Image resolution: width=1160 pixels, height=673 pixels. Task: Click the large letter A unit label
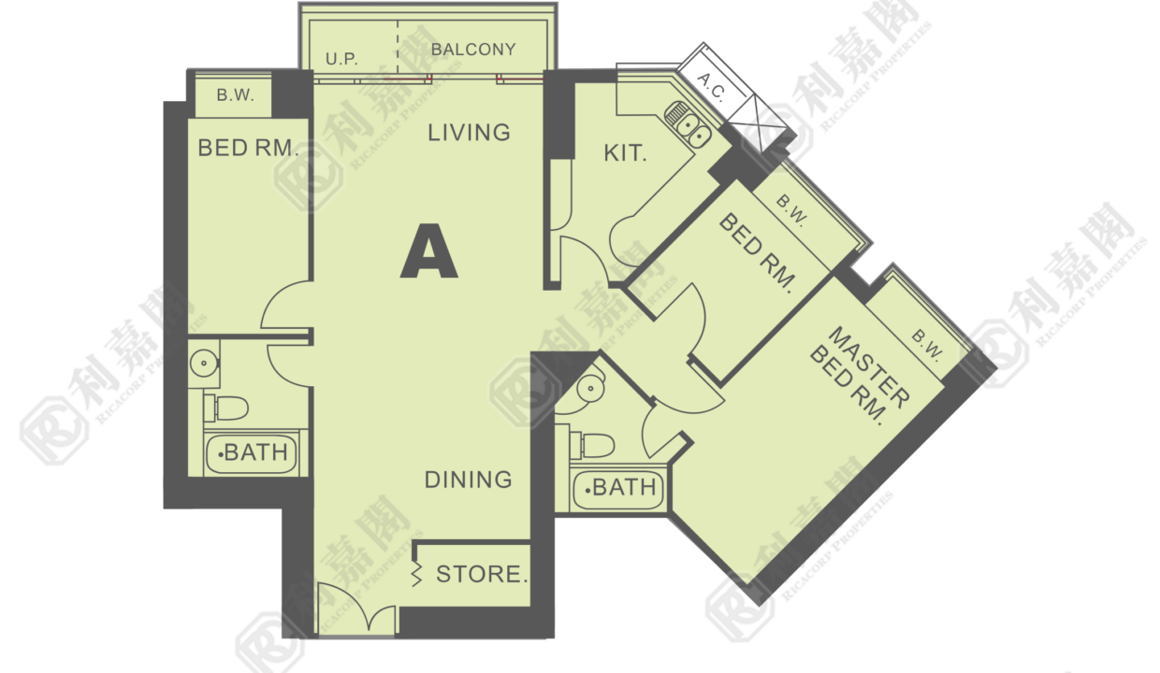pyautogui.click(x=428, y=251)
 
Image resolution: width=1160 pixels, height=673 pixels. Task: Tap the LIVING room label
pyautogui.click(x=470, y=133)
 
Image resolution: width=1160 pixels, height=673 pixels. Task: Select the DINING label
pyautogui.click(x=469, y=480)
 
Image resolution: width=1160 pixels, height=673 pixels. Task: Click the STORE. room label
pyautogui.click(x=482, y=574)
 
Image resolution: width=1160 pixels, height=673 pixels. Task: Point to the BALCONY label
pyautogui.click(x=473, y=50)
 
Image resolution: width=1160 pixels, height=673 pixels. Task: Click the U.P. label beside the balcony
pyautogui.click(x=341, y=59)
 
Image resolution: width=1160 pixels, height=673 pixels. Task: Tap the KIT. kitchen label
pyautogui.click(x=625, y=153)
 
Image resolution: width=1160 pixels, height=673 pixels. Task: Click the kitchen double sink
pyautogui.click(x=688, y=124)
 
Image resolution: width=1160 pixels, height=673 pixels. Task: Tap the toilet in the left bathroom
pyautogui.click(x=225, y=408)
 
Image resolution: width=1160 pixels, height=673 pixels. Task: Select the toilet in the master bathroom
pyautogui.click(x=592, y=445)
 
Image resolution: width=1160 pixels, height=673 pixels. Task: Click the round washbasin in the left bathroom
pyautogui.click(x=204, y=364)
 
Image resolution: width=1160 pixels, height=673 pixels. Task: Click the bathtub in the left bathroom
pyautogui.click(x=252, y=453)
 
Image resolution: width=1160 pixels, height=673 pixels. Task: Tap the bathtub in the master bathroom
pyautogui.click(x=618, y=488)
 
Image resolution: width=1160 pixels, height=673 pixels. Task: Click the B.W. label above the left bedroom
pyautogui.click(x=235, y=95)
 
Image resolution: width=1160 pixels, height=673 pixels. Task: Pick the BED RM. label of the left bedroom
pyautogui.click(x=249, y=149)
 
